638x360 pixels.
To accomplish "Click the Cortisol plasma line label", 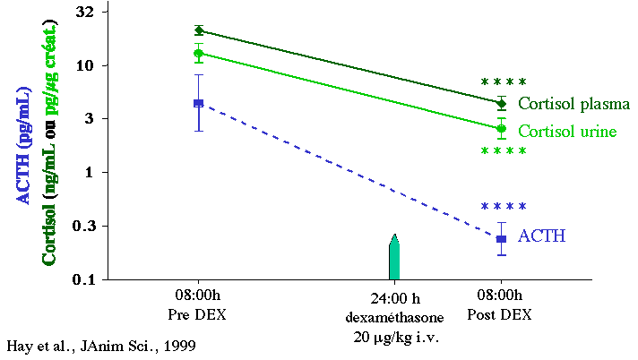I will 573,104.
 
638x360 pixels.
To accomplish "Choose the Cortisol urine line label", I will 566,131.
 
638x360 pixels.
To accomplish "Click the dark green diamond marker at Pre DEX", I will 199,30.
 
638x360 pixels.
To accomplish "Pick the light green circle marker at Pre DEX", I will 199,53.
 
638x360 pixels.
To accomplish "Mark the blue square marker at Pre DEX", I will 199,103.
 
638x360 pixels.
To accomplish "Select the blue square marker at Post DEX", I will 501,239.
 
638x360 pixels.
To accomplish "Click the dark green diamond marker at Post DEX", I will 501,103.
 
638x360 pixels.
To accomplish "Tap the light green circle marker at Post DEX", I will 501,129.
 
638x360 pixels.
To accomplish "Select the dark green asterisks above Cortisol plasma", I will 504,82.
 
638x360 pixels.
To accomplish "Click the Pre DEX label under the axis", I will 198,314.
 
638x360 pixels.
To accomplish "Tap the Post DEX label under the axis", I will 499,314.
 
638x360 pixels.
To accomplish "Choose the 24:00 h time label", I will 395,298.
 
